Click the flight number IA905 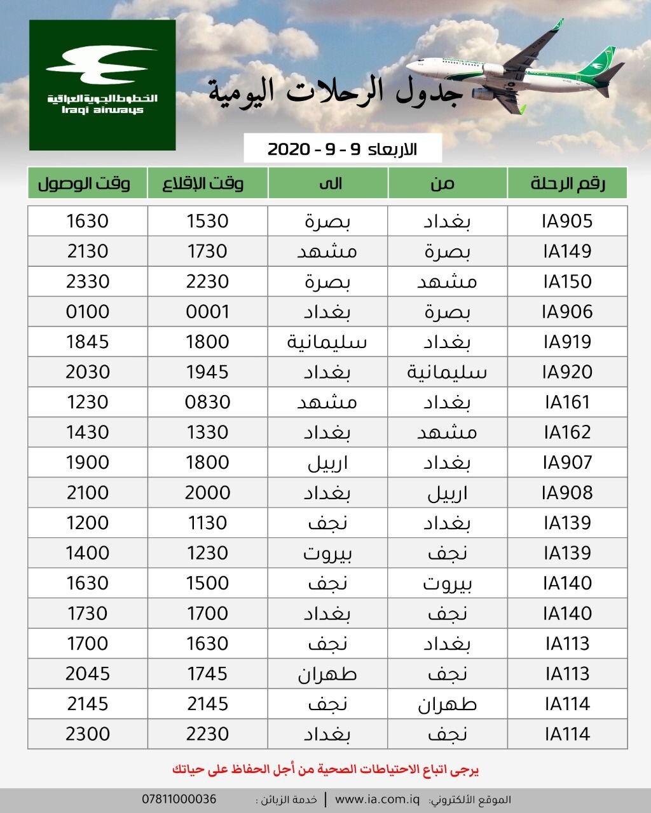567,221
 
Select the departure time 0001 207,312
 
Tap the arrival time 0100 88,312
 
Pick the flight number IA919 567,342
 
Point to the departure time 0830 207,402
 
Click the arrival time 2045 88,674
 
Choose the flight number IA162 567,433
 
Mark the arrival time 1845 88,342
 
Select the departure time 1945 207,372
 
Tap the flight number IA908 567,493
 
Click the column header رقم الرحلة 567,184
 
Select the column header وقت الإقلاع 207,184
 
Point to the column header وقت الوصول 88,184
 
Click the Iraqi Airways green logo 102,85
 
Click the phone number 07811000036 179,799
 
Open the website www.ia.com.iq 378,799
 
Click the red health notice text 325,769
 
